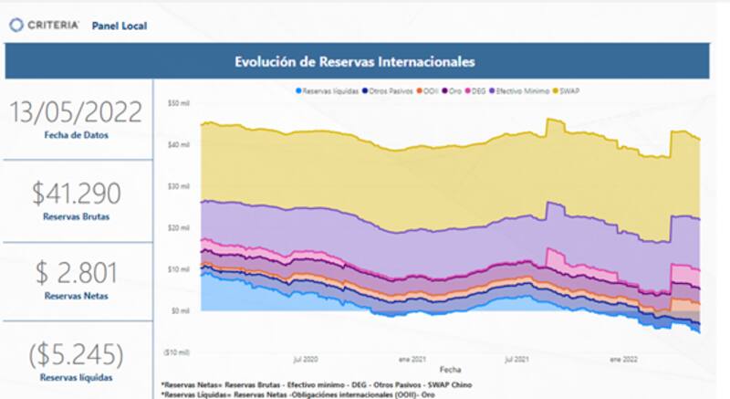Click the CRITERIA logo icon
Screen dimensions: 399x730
tap(16, 26)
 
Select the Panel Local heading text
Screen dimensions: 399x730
tap(120, 26)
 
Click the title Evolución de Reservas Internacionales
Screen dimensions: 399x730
tap(355, 62)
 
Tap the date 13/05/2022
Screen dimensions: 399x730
tap(76, 112)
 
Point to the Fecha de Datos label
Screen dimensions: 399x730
tap(76, 135)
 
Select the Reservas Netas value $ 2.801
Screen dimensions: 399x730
tap(76, 273)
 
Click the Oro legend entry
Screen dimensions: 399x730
tap(449, 90)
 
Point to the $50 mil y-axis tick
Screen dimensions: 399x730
tap(178, 104)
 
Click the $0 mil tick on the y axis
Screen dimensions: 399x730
tap(180, 311)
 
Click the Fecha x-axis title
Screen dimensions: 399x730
tap(450, 370)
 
